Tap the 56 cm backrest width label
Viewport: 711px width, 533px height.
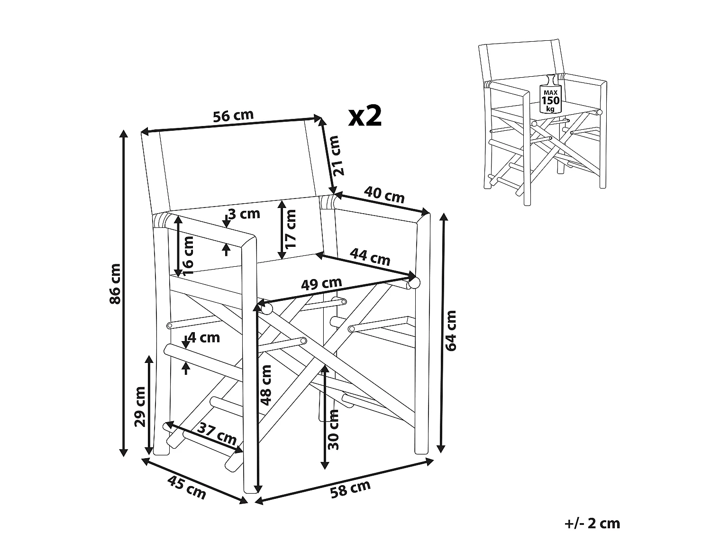[x=233, y=117]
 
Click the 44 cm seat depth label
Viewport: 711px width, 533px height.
[x=370, y=257]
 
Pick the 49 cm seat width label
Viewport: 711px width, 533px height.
[x=322, y=284]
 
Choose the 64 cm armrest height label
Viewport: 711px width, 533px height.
[x=451, y=330]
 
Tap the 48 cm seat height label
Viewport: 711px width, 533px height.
[x=266, y=385]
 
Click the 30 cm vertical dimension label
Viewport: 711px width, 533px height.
[x=333, y=429]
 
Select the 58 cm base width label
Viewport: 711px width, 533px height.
[x=350, y=488]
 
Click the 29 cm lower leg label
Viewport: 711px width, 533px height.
[x=140, y=407]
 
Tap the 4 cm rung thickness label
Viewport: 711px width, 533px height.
[x=204, y=338]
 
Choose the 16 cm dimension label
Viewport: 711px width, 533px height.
[x=188, y=255]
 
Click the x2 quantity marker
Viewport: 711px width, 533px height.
[x=365, y=116]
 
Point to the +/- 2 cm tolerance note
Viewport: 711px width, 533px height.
[x=592, y=523]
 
